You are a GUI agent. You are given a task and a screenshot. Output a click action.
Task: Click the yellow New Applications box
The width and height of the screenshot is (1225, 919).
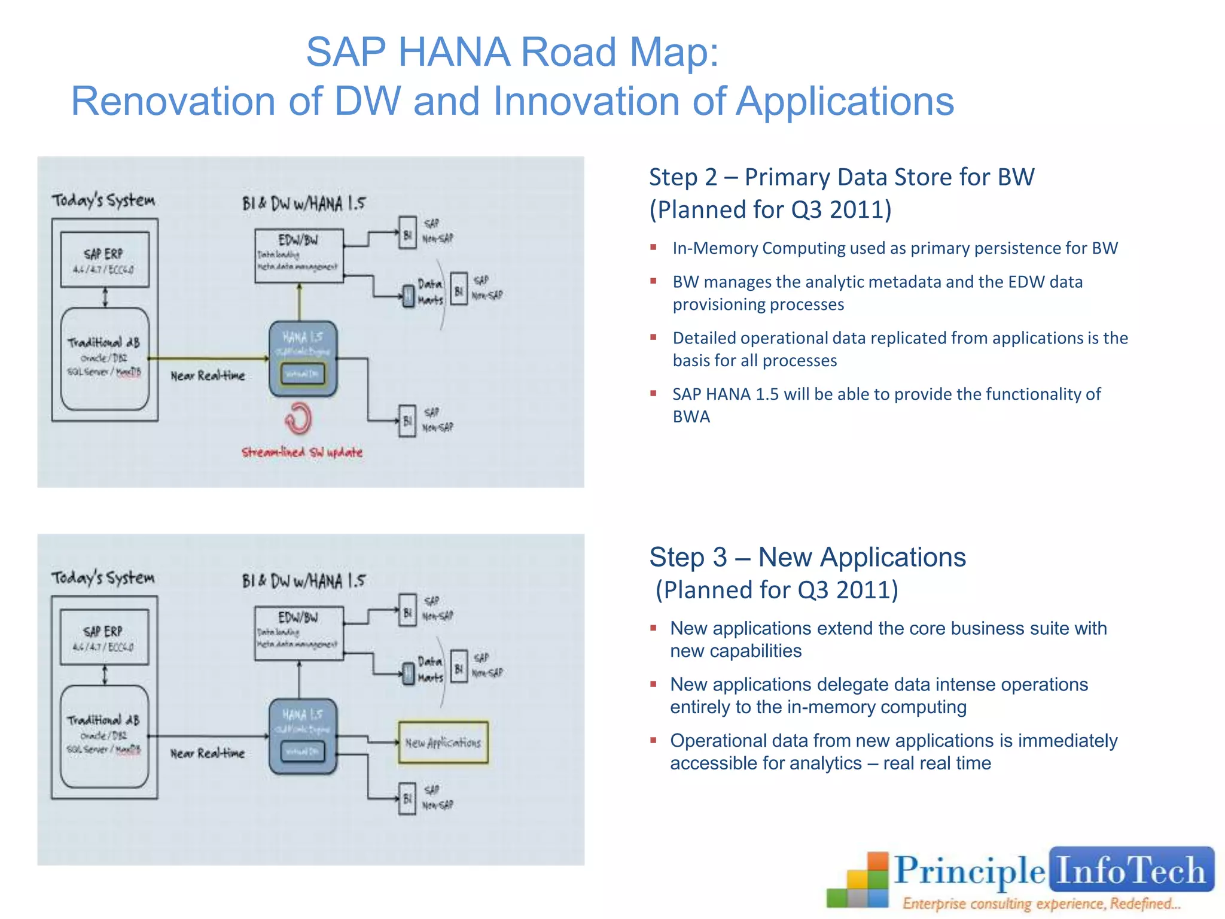pyautogui.click(x=443, y=742)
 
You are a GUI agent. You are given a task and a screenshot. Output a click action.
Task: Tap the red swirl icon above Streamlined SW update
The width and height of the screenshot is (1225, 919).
pyautogui.click(x=298, y=418)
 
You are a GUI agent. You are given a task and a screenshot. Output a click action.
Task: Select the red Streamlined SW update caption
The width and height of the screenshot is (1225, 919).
pyautogui.click(x=302, y=452)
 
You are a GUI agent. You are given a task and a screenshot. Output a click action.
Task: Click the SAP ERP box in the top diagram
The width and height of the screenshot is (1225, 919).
pyautogui.click(x=105, y=260)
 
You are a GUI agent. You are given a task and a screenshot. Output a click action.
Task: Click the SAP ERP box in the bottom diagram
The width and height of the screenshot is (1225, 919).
pyautogui.click(x=104, y=637)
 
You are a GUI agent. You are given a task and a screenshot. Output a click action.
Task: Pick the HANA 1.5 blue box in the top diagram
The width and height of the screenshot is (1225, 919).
pyautogui.click(x=303, y=358)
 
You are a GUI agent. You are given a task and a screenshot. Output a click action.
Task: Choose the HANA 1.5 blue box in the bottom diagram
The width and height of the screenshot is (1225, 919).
pyautogui.click(x=303, y=736)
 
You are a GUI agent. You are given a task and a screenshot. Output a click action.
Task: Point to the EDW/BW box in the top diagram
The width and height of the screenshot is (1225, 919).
pyautogui.click(x=299, y=255)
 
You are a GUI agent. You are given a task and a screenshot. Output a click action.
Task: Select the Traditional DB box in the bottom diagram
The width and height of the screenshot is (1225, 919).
pyautogui.click(x=105, y=736)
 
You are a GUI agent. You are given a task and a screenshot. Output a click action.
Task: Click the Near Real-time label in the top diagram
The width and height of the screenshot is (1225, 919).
pyautogui.click(x=208, y=376)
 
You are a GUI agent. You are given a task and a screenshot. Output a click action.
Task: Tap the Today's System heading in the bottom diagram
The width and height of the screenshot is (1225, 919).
pyautogui.click(x=103, y=578)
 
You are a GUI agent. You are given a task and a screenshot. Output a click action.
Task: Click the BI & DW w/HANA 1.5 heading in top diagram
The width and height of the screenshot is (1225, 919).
pyautogui.click(x=303, y=203)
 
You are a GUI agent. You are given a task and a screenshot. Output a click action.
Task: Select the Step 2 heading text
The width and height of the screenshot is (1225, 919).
pyautogui.click(x=841, y=178)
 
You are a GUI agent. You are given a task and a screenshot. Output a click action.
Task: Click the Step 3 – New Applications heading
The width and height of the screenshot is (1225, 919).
pyautogui.click(x=807, y=558)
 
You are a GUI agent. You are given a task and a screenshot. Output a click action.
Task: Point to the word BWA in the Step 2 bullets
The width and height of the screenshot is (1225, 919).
pyautogui.click(x=691, y=417)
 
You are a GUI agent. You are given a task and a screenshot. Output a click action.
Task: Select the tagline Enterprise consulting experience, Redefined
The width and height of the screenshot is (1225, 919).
pyautogui.click(x=1041, y=903)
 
